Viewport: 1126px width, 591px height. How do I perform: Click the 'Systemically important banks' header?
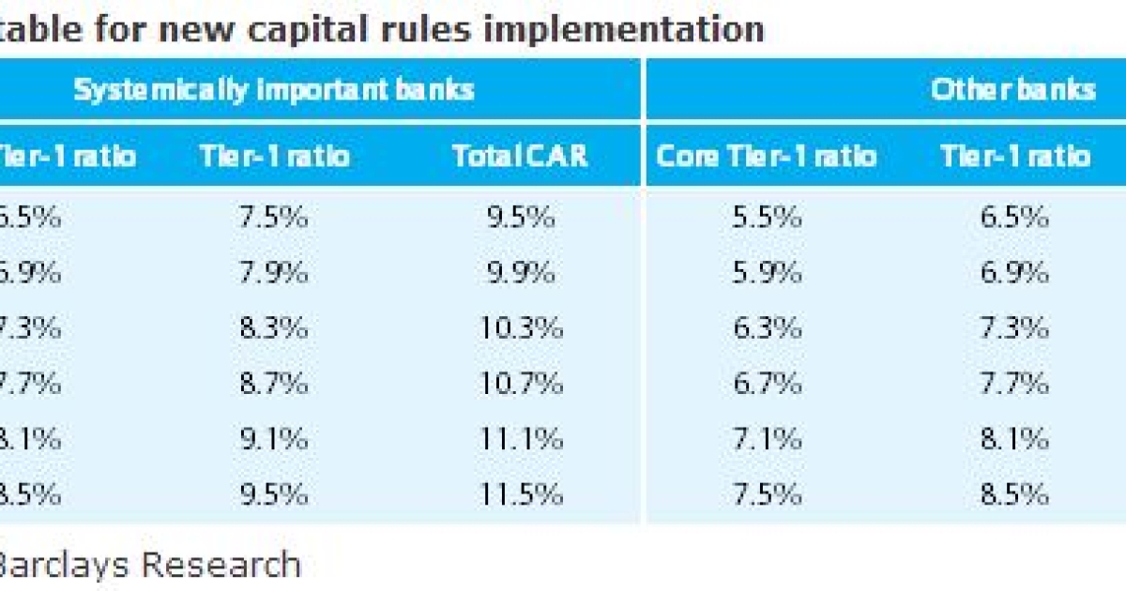coord(274,90)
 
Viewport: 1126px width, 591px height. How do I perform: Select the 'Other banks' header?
coord(1013,90)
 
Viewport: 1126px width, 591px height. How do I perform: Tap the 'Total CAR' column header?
coord(520,156)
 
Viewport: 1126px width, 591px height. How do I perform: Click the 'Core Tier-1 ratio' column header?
coord(767,156)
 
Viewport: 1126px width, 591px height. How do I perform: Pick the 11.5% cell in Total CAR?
coord(521,494)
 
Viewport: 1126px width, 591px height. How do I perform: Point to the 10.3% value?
coord(521,328)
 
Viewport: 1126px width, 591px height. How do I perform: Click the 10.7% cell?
coord(521,384)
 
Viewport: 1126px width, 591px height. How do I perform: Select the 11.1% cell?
coord(521,439)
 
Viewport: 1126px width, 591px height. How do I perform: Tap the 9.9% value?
coord(521,273)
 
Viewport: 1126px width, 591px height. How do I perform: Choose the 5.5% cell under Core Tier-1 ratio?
coord(767,218)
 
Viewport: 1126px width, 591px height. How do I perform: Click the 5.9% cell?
coord(767,273)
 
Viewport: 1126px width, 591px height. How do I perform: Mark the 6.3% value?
coord(767,328)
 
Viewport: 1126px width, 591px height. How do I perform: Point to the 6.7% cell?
coord(767,384)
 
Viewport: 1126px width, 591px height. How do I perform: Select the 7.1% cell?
coord(767,439)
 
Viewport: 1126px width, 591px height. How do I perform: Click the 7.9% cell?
coord(273,273)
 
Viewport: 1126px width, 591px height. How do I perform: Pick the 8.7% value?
coord(273,384)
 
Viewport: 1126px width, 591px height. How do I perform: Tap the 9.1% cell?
coord(273,439)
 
